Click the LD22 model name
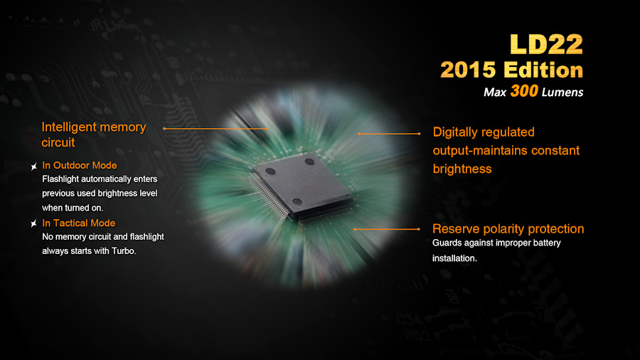[546, 44]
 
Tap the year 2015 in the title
[468, 70]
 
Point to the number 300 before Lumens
[524, 91]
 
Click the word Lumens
[562, 92]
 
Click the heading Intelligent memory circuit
[93, 134]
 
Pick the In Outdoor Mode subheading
[80, 165]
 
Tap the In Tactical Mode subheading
[79, 223]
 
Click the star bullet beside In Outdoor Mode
[34, 166]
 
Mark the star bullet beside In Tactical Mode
[34, 223]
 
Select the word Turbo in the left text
[123, 251]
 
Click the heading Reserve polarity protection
[508, 229]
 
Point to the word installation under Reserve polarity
[454, 258]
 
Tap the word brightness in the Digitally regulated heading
[462, 169]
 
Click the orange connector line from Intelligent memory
[215, 129]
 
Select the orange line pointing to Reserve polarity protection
[387, 229]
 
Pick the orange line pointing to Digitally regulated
[389, 134]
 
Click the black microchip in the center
[302, 185]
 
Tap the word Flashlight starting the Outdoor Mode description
[60, 179]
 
